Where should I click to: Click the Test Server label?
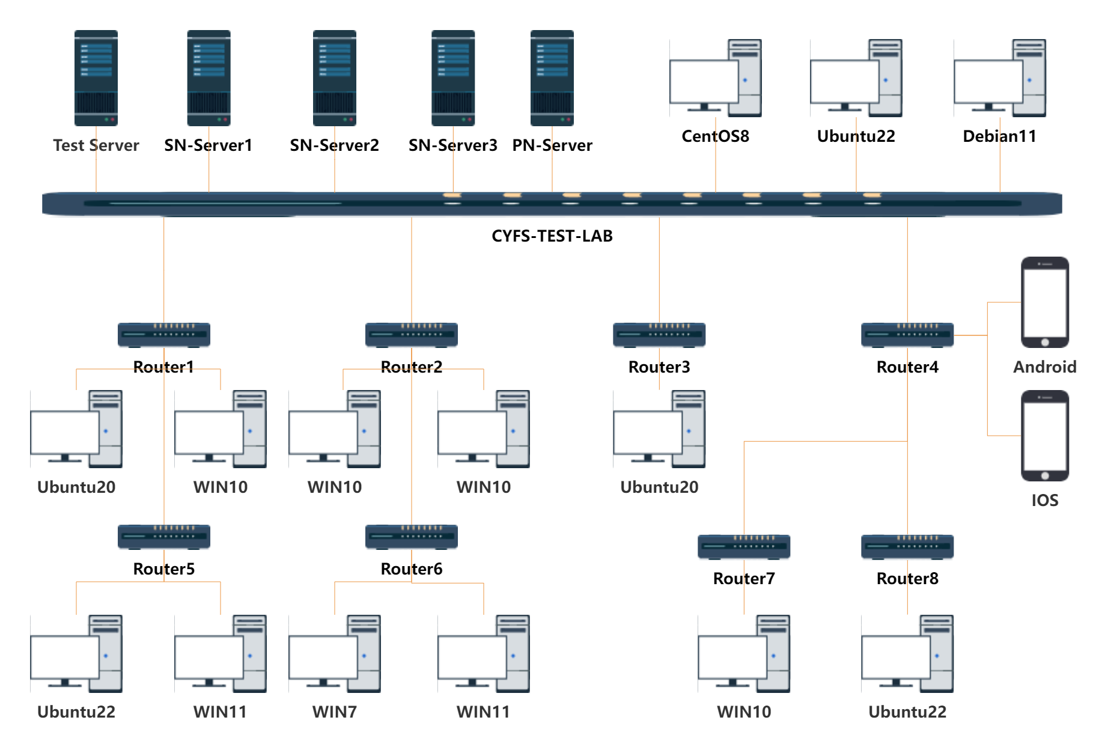(96, 145)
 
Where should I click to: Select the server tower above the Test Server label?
(96, 78)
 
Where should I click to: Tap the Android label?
(1044, 367)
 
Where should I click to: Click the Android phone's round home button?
(1045, 343)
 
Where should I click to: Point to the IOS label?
(1044, 501)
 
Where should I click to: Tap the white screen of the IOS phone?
(1045, 436)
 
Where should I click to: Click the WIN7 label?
(334, 712)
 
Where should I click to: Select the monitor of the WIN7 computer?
(323, 657)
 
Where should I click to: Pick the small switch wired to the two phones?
(907, 335)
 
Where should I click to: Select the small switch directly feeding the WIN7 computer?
(412, 537)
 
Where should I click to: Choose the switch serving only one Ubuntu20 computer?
(659, 335)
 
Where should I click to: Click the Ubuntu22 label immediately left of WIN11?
(76, 712)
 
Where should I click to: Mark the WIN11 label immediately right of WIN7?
(483, 712)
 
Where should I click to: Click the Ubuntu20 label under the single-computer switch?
(659, 487)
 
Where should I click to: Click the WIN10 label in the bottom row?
(744, 712)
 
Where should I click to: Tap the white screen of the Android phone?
(1045, 303)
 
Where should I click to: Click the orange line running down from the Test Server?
(96, 171)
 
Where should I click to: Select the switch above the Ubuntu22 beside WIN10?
(907, 547)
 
